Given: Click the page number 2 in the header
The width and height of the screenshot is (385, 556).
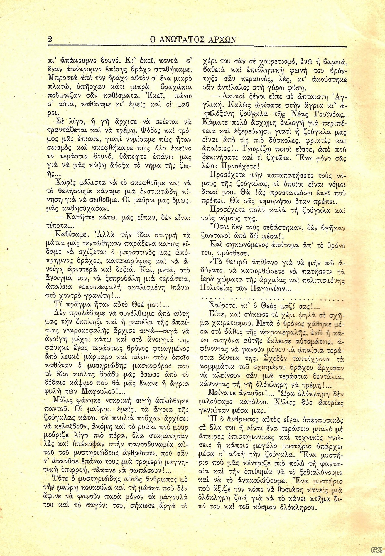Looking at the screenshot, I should click(x=50, y=39).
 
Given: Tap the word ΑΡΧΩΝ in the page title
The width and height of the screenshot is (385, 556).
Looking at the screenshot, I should click(x=222, y=40).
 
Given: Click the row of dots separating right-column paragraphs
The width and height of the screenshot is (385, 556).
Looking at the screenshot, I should click(x=273, y=299).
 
